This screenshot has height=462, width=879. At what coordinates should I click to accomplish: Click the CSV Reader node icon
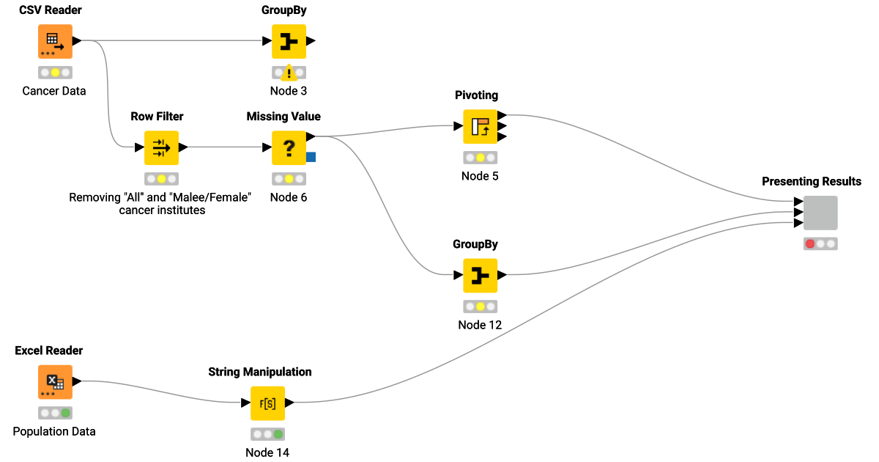click(x=55, y=42)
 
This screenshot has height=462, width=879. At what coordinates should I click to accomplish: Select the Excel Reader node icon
click(x=55, y=382)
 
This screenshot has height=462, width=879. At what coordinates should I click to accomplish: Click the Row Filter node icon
click(x=161, y=147)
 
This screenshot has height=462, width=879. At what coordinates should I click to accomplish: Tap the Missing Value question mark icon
click(x=289, y=147)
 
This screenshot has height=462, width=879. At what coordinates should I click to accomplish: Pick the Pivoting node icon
click(x=480, y=126)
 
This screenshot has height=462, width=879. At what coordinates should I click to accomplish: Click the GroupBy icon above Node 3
click(x=289, y=42)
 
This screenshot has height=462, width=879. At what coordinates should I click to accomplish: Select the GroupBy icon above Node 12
click(x=480, y=276)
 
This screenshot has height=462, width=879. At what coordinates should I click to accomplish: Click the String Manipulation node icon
click(x=267, y=403)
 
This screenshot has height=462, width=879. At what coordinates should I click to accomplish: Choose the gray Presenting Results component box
click(x=820, y=213)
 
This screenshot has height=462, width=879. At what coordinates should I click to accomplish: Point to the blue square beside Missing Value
click(x=311, y=156)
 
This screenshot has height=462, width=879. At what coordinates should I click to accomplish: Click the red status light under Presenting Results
click(x=809, y=244)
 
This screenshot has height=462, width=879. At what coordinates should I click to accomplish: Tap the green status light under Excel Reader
click(x=66, y=413)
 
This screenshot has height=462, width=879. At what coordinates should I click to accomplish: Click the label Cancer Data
click(x=54, y=92)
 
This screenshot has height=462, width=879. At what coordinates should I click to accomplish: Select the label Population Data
click(x=54, y=431)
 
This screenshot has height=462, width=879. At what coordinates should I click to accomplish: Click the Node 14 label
click(x=267, y=452)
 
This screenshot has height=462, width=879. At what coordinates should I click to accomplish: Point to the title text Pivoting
click(x=476, y=95)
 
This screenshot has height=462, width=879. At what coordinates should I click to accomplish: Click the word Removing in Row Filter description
click(x=94, y=197)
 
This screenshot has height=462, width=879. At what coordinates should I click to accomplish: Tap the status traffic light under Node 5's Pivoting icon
click(x=480, y=158)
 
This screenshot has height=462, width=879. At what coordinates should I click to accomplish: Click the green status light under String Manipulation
click(x=278, y=433)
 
